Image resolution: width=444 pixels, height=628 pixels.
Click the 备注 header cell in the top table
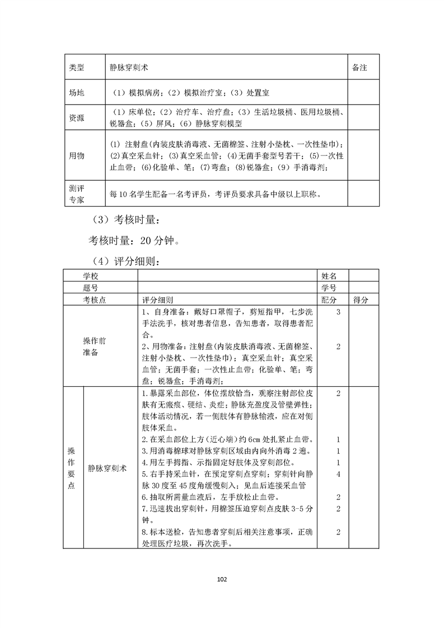[x=359, y=67]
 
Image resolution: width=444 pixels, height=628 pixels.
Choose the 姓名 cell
[x=329, y=276]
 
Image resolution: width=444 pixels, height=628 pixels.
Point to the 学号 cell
[x=329, y=288]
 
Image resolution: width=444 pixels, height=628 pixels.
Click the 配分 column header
[x=329, y=300]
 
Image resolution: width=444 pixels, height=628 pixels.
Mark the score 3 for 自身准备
[x=339, y=312]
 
